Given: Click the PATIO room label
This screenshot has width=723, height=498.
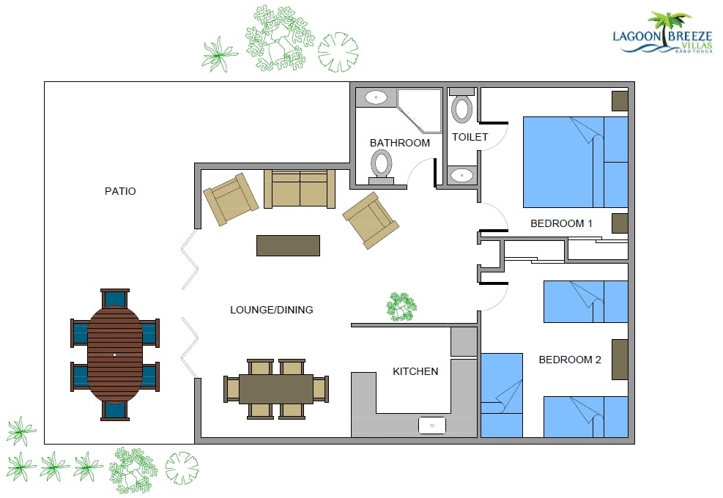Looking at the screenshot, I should (120, 191).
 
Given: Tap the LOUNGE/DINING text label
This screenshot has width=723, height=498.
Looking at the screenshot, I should (271, 310).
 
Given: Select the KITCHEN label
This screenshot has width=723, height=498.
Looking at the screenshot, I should (415, 371).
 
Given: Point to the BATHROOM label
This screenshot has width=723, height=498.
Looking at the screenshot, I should (399, 143).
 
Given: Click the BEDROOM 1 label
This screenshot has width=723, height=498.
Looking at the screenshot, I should (561, 223).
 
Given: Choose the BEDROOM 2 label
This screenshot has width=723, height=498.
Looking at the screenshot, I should (570, 360).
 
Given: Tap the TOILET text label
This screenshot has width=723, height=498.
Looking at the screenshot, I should (470, 137).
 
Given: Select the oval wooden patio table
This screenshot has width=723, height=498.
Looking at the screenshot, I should (115, 354).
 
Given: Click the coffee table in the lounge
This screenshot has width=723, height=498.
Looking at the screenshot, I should (288, 245).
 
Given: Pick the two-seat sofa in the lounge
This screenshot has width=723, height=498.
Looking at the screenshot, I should (300, 189).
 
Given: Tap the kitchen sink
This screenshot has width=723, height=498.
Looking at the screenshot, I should (432, 425).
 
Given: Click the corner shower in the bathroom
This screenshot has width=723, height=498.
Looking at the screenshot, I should (420, 110).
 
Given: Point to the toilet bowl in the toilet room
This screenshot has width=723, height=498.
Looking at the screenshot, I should (462, 107).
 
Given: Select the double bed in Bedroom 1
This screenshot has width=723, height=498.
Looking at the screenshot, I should (575, 162).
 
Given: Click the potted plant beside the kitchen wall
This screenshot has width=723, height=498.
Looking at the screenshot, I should (401, 305).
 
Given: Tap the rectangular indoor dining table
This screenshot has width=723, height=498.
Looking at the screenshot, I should (276, 389).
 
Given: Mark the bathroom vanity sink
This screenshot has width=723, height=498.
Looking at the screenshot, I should (377, 97).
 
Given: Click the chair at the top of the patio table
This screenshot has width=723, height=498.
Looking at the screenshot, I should (115, 298).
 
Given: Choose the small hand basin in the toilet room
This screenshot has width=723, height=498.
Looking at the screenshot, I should (461, 175).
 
